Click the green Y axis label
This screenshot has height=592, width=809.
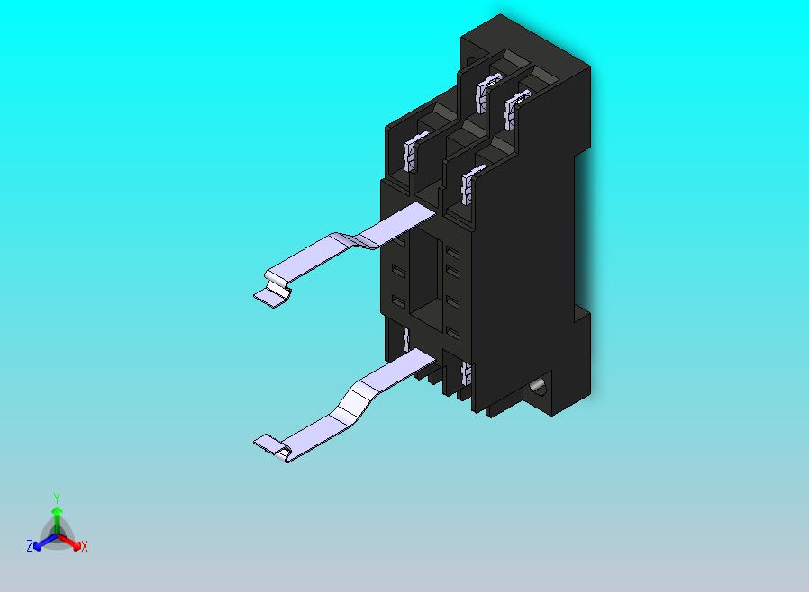click(x=56, y=498)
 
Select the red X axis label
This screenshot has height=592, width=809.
click(x=84, y=546)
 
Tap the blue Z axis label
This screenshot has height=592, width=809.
click(x=29, y=545)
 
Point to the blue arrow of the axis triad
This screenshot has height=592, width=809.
click(x=40, y=543)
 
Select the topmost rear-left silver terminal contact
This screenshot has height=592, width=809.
click(x=486, y=94)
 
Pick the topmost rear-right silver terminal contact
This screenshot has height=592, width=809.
click(x=515, y=107)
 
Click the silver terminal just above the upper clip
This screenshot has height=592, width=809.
click(x=468, y=184)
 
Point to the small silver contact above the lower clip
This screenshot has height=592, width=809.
click(x=407, y=339)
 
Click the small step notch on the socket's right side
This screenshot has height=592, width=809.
click(x=581, y=315)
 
